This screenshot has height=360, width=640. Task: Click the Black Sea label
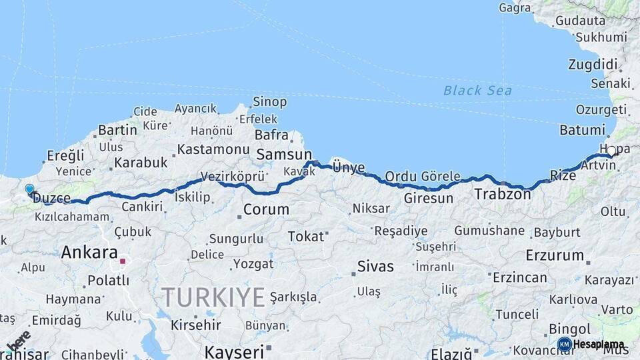click(477, 91)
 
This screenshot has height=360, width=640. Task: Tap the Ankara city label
click(89, 253)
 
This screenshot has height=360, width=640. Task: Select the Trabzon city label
click(502, 195)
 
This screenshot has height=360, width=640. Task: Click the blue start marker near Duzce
click(29, 190)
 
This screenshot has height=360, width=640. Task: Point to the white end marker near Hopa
click(611, 151)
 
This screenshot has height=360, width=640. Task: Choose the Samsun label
click(275, 155)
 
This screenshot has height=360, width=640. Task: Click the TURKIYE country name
click(213, 297)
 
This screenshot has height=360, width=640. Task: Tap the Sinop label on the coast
click(269, 102)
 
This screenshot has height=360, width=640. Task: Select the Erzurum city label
click(555, 255)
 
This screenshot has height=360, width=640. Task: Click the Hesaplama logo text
click(599, 345)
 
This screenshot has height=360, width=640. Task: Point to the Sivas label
click(375, 267)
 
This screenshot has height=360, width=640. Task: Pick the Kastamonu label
click(213, 149)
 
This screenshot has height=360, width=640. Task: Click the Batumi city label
click(582, 130)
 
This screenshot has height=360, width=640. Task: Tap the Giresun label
click(429, 198)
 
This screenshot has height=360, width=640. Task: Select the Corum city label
click(266, 209)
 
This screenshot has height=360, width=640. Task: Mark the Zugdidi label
click(593, 65)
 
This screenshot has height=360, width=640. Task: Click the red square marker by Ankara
click(123, 261)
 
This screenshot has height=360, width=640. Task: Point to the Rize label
click(563, 175)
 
